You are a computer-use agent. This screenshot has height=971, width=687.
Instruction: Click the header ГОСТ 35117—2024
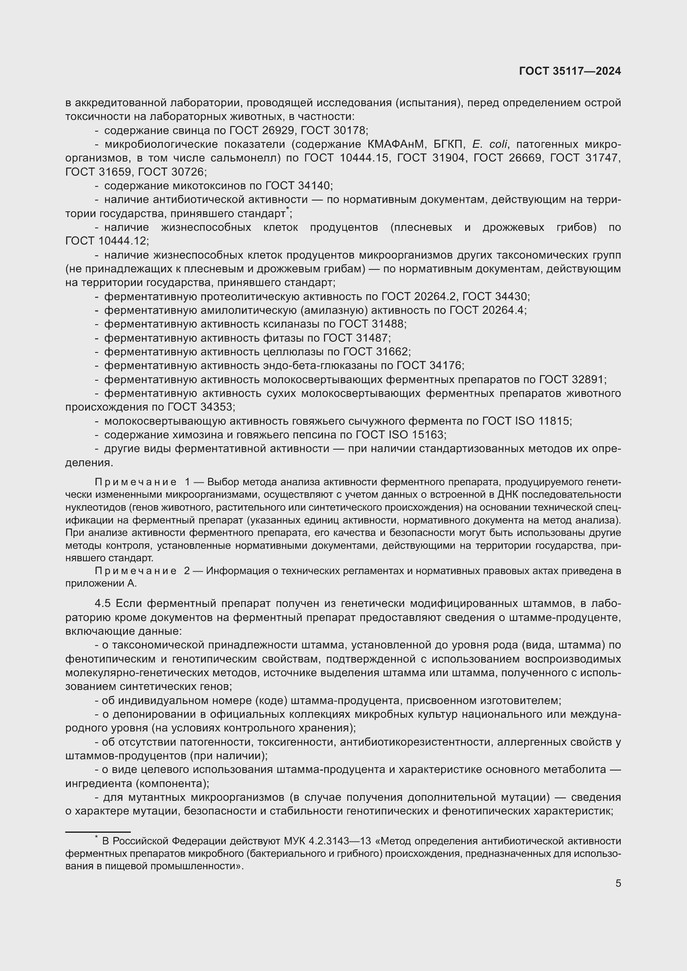(x=570, y=71)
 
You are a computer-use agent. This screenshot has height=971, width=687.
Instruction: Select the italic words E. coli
(x=489, y=144)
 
